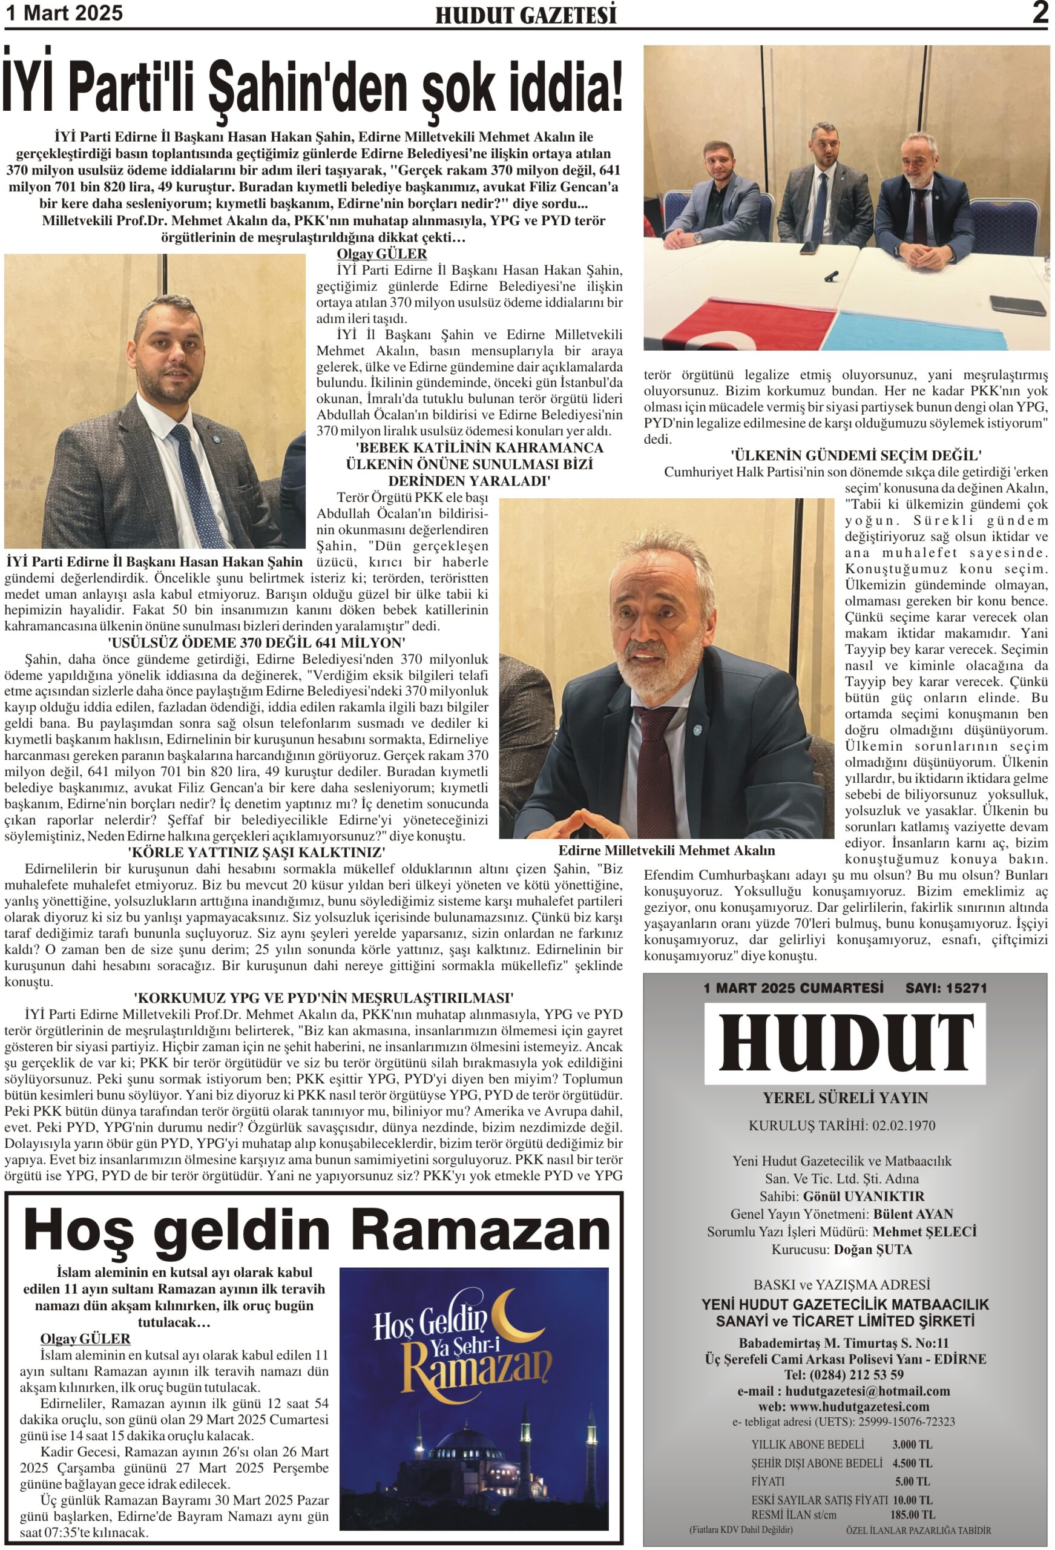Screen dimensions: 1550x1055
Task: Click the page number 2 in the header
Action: [x=1039, y=13]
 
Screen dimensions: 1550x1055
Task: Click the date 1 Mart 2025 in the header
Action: [x=64, y=13]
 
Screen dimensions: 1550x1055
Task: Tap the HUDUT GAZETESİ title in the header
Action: [x=525, y=15]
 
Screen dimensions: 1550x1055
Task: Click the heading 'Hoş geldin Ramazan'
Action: [x=317, y=1228]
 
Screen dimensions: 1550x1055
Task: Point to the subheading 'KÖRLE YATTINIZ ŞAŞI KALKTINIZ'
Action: [x=257, y=852]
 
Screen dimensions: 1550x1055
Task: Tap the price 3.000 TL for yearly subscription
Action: [x=912, y=1445]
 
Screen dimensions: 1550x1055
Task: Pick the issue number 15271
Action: [x=964, y=988]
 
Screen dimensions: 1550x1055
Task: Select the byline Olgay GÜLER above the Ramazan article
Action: [x=85, y=1339]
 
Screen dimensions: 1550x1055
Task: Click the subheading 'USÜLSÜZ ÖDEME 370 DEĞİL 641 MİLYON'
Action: [x=257, y=643]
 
